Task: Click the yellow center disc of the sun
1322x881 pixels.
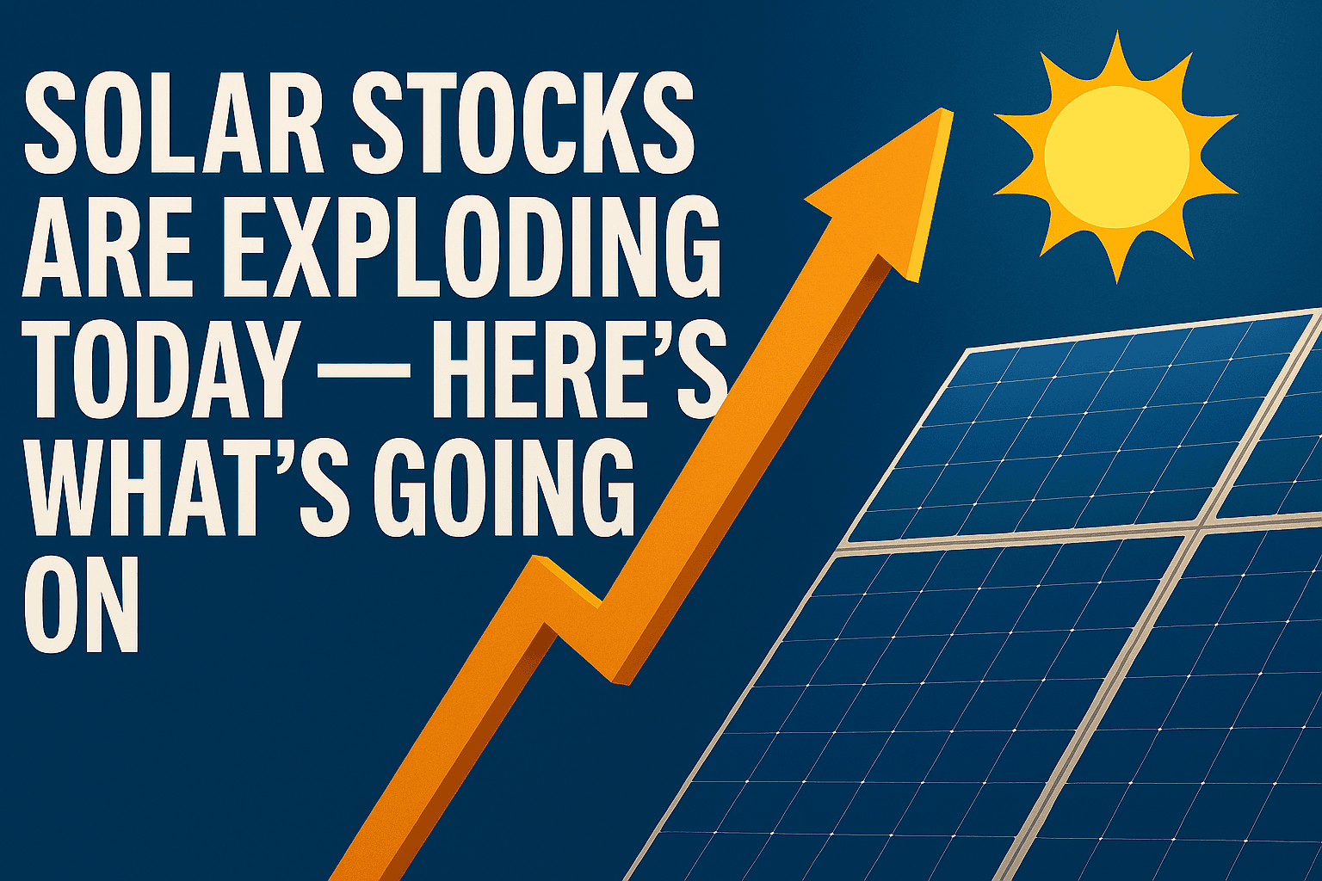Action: coord(1116,157)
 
